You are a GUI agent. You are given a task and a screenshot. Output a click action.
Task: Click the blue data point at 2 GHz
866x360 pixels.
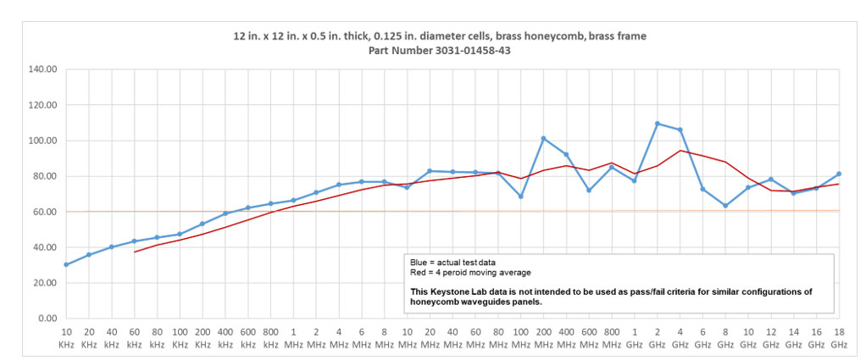pyautogui.click(x=658, y=124)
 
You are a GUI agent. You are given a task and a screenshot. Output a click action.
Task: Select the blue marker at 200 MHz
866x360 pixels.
pyautogui.click(x=543, y=138)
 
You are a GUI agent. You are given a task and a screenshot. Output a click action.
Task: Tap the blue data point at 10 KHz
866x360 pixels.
pyautogui.click(x=66, y=264)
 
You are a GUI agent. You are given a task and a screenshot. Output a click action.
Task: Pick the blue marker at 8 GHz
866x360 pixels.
pyautogui.click(x=725, y=206)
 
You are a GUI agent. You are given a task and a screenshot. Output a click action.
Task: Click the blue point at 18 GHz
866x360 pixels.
pyautogui.click(x=839, y=174)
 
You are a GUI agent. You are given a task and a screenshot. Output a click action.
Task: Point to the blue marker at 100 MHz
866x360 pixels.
pyautogui.click(x=520, y=197)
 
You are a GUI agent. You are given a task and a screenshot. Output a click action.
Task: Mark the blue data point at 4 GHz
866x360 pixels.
pyautogui.click(x=680, y=130)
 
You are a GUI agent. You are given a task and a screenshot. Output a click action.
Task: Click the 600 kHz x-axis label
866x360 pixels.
pyautogui.click(x=248, y=339)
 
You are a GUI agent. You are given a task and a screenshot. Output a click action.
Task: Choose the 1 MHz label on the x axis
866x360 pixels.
pyautogui.click(x=293, y=339)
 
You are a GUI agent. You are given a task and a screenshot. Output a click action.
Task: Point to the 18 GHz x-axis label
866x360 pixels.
pyautogui.click(x=839, y=339)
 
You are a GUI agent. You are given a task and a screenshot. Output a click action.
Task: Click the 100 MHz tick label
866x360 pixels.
pyautogui.click(x=520, y=339)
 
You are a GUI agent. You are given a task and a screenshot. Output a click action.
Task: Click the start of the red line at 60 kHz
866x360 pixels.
pyautogui.click(x=135, y=252)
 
